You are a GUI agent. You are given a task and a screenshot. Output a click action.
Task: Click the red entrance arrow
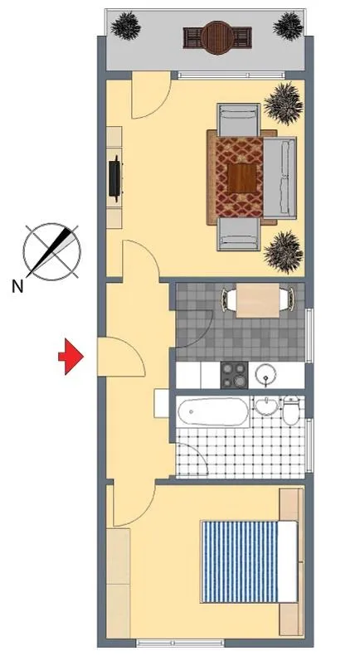coord(71,357)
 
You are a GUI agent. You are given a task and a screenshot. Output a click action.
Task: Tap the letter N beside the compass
coord(17,288)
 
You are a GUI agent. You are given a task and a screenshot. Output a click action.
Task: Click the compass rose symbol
coord(51,251)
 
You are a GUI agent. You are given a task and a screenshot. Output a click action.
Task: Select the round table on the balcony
coord(217,37)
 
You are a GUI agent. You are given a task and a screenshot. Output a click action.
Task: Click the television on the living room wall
coord(115,177)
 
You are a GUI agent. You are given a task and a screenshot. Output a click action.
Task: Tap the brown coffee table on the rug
coord(242,177)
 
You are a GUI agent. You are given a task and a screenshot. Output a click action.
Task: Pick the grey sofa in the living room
coord(280,177)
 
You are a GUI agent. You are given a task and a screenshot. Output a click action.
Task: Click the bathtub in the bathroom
coord(213,411)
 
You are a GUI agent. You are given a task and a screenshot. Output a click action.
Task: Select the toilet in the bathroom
coord(292,410)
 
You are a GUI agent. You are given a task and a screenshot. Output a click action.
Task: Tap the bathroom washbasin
coord(266,406)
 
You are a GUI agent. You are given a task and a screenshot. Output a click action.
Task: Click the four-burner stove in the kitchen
coord(234,375)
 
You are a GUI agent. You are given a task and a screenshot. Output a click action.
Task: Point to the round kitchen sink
coord(266,375)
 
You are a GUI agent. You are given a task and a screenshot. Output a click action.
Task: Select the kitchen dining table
coord(258,300)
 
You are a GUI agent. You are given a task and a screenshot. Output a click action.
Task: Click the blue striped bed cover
coord(239,561)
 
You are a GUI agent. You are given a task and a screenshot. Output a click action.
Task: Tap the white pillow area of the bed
coord(288,561)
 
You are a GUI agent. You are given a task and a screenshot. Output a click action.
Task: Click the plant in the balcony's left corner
coord(126,25)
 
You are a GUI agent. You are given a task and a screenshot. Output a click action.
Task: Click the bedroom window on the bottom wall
coord(180,643)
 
